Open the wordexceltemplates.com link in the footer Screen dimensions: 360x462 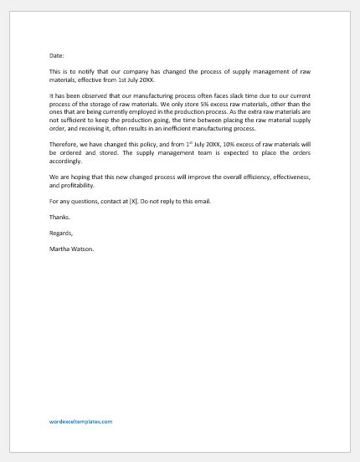(80, 422)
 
